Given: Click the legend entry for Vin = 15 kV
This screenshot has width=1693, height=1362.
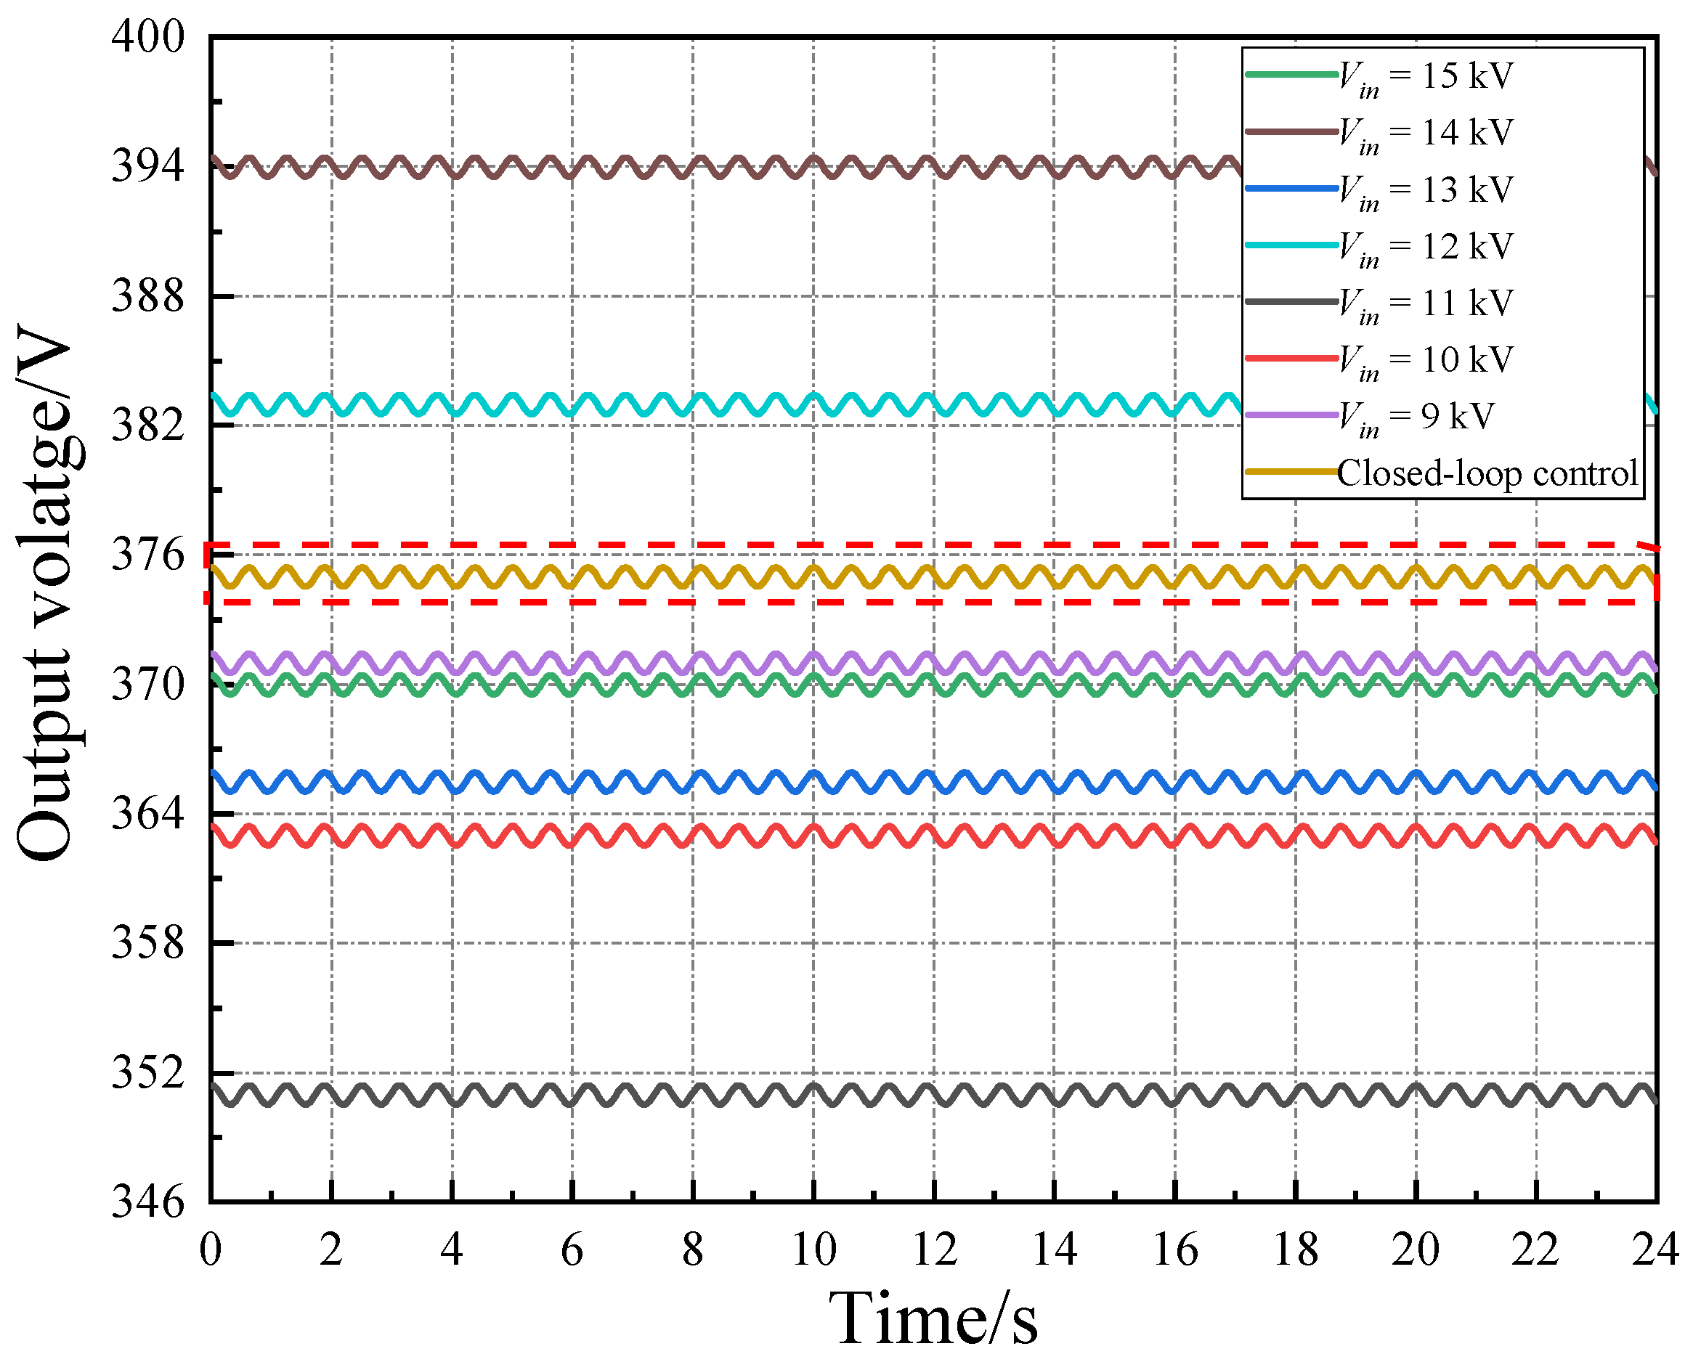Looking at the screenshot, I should tap(1424, 76).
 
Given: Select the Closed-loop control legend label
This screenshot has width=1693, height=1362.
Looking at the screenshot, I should tap(1487, 473).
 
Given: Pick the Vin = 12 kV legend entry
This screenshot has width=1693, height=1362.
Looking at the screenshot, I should tap(1424, 247).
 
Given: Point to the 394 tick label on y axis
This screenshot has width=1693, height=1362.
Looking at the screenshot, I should tap(147, 166).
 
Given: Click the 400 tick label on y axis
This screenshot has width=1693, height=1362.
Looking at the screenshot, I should tap(147, 37).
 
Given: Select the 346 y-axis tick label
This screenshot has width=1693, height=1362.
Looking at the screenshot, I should tap(147, 1202).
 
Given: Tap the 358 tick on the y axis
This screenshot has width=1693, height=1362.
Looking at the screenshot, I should tap(147, 943).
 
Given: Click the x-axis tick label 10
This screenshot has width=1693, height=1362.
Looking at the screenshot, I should tap(813, 1249).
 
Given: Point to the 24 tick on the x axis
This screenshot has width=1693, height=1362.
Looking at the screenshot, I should tap(1655, 1249).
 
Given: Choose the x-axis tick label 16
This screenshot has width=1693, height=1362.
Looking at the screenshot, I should tap(1174, 1249).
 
